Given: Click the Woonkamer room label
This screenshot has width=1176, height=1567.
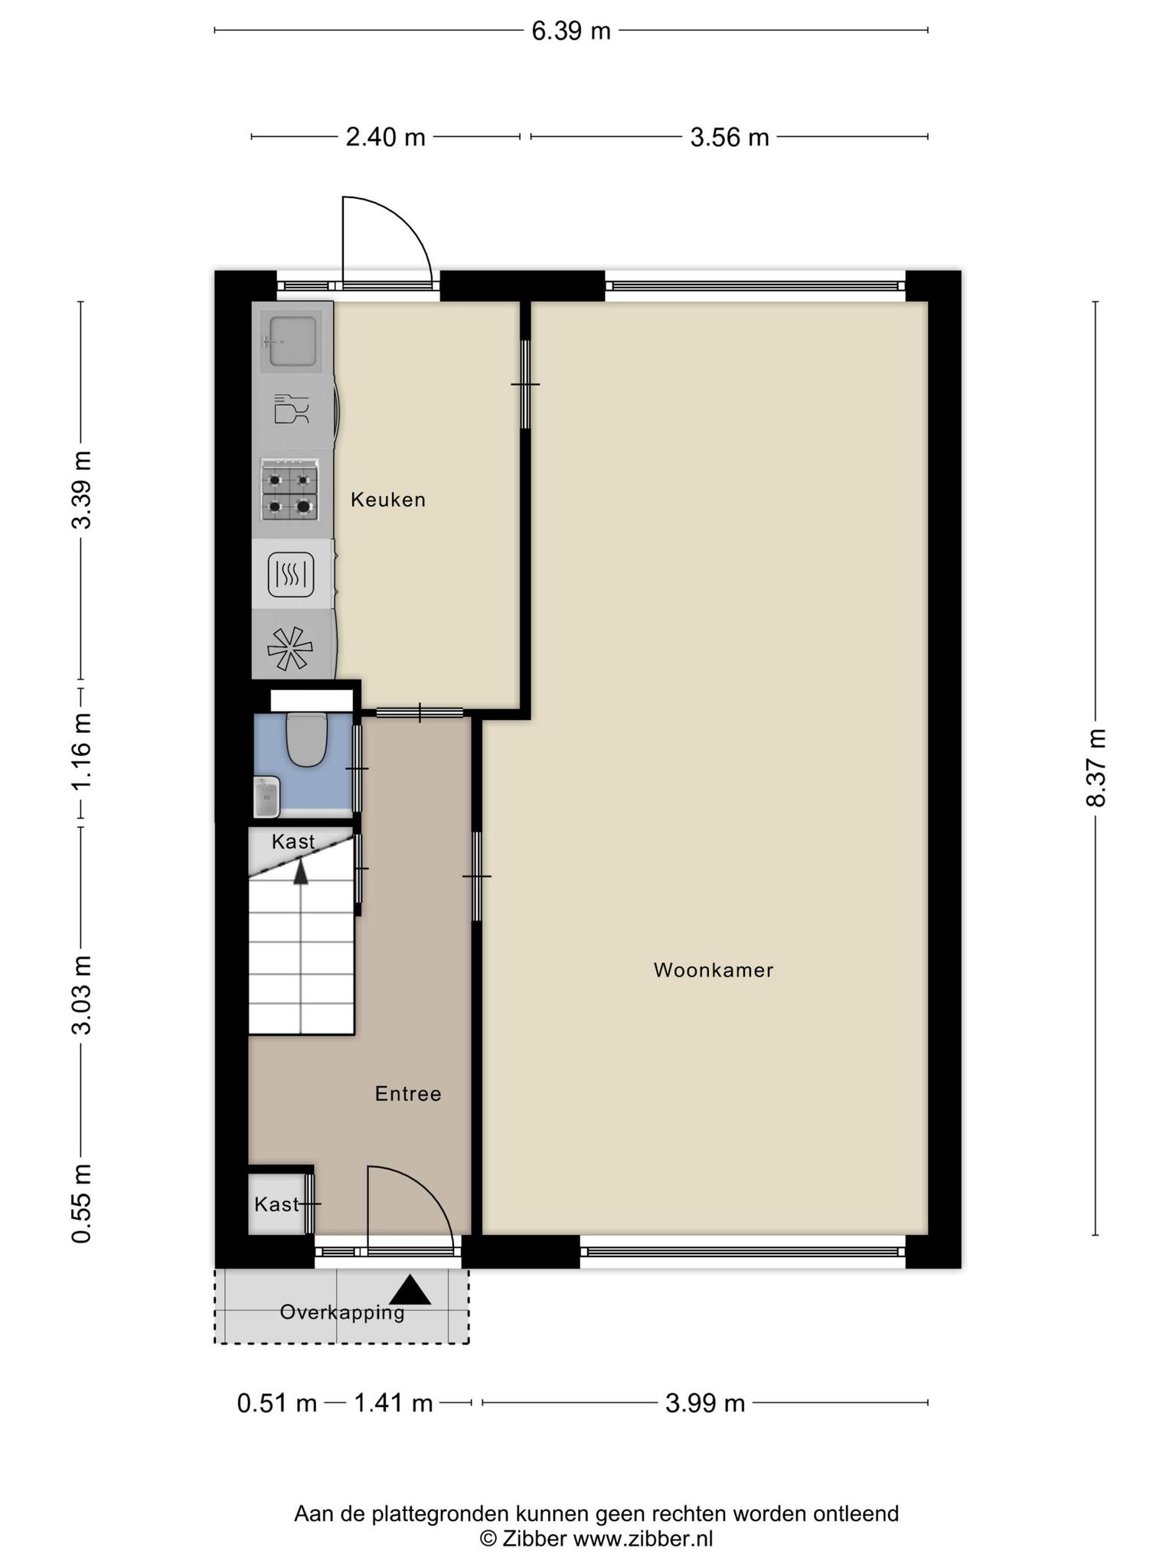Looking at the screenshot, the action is pyautogui.click(x=714, y=970).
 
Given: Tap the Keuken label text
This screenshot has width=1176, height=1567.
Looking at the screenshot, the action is pyautogui.click(x=387, y=500).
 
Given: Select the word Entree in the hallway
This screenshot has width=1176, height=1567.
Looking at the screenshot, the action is pyautogui.click(x=408, y=1094).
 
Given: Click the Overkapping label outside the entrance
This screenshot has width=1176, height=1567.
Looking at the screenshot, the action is pyautogui.click(x=341, y=1312).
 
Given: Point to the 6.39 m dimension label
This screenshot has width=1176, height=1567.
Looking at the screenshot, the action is pyautogui.click(x=571, y=31).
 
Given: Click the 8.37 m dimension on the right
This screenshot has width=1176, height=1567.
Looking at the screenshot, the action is pyautogui.click(x=1096, y=767).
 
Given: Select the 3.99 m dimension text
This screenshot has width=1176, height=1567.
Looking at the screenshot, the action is pyautogui.click(x=705, y=1403).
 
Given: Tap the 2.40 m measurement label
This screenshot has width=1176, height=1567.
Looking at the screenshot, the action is pyautogui.click(x=386, y=137).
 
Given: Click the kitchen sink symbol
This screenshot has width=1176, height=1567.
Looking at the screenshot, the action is pyautogui.click(x=290, y=340).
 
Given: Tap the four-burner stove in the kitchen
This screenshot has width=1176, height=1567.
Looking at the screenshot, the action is pyautogui.click(x=290, y=490).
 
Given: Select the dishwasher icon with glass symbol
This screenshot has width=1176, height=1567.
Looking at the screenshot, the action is pyautogui.click(x=291, y=409).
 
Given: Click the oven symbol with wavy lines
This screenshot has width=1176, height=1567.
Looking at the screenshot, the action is pyautogui.click(x=291, y=575).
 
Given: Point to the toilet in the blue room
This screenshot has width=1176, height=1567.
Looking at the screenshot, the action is pyautogui.click(x=306, y=738).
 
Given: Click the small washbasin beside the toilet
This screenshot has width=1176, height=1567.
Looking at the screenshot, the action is pyautogui.click(x=266, y=797).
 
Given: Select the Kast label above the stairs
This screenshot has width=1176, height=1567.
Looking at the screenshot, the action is pyautogui.click(x=293, y=842).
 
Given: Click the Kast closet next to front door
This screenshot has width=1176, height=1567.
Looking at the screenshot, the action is pyautogui.click(x=277, y=1204).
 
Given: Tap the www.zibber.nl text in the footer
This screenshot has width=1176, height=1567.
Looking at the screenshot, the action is pyautogui.click(x=643, y=1539).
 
